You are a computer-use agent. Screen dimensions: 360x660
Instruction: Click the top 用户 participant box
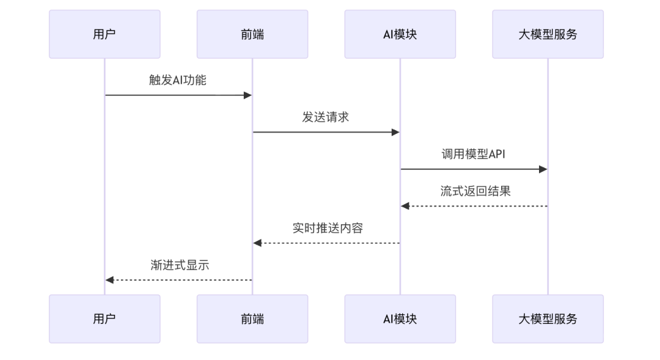(105, 34)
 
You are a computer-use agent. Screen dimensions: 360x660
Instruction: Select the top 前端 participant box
(252, 34)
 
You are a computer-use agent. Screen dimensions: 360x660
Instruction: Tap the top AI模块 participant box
(400, 34)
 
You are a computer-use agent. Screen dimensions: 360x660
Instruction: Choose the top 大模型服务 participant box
(548, 34)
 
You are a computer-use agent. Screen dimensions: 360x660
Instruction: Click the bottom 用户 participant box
(105, 318)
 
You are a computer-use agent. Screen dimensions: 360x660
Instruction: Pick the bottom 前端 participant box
(252, 318)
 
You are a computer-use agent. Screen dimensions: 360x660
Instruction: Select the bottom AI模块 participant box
(400, 318)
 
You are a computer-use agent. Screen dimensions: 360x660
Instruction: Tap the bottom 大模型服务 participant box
(548, 318)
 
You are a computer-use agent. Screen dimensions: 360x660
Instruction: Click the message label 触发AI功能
(178, 80)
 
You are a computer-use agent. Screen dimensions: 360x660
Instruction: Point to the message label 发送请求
(326, 117)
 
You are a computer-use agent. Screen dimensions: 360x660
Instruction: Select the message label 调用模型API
(474, 154)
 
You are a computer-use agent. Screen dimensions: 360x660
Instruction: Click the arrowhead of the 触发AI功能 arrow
(248, 95)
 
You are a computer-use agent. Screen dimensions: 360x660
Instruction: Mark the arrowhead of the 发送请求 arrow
(395, 132)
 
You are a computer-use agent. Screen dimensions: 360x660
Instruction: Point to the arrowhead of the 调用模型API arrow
(543, 169)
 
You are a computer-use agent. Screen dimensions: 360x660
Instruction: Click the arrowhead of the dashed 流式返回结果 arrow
(405, 206)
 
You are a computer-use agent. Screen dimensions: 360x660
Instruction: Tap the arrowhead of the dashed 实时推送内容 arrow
(257, 243)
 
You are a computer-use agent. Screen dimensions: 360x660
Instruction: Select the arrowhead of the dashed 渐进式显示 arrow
(109, 280)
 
